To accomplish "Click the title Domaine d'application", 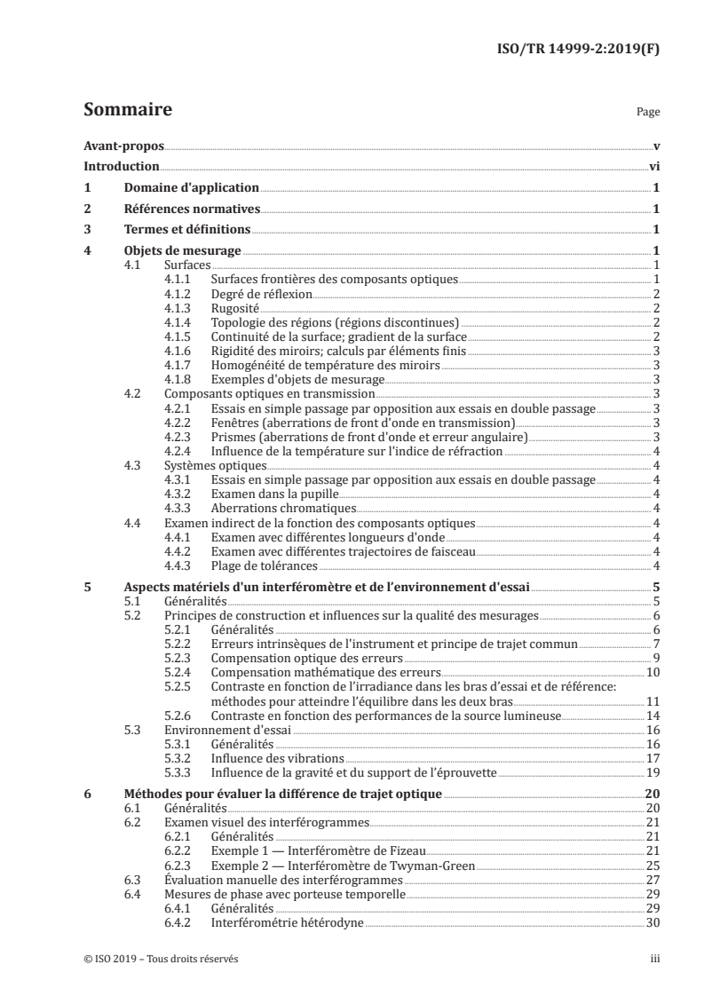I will pyautogui.click(x=191, y=187).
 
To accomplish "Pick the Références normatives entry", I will pyautogui.click(x=191, y=209).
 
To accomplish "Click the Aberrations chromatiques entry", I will pyautogui.click(x=283, y=508).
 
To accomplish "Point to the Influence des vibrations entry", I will pyautogui.click(x=276, y=758).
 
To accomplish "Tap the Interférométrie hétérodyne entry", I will pyautogui.click(x=287, y=923).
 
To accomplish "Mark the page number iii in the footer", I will pyautogui.click(x=653, y=959).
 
